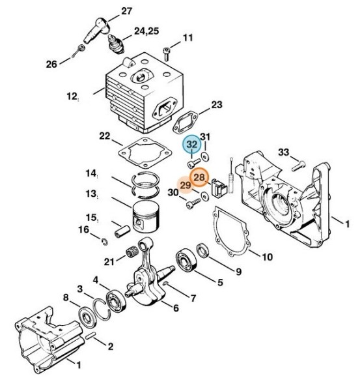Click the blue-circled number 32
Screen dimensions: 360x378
click(192, 145)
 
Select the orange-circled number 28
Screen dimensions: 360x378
click(199, 177)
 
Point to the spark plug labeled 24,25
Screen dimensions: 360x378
click(115, 44)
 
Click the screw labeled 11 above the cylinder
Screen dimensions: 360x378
click(166, 54)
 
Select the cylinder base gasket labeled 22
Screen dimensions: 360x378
click(145, 153)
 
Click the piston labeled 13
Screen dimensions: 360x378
click(146, 217)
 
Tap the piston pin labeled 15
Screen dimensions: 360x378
click(122, 231)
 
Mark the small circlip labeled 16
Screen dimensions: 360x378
click(105, 241)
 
